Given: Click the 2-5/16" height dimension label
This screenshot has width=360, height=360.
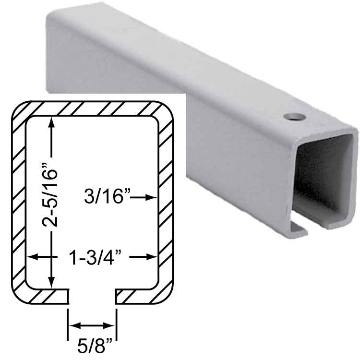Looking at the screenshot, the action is [49, 195].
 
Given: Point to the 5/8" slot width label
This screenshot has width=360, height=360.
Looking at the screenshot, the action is [95, 346].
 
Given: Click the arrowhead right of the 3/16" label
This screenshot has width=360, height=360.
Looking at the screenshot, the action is [151, 197].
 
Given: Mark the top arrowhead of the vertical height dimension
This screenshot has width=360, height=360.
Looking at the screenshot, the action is [52, 122].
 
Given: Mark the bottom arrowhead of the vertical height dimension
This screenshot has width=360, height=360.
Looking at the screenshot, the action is [52, 282].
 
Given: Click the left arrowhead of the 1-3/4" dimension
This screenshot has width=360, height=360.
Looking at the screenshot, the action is [33, 257].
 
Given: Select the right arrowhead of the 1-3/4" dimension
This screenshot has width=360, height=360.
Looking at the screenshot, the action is [151, 257].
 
